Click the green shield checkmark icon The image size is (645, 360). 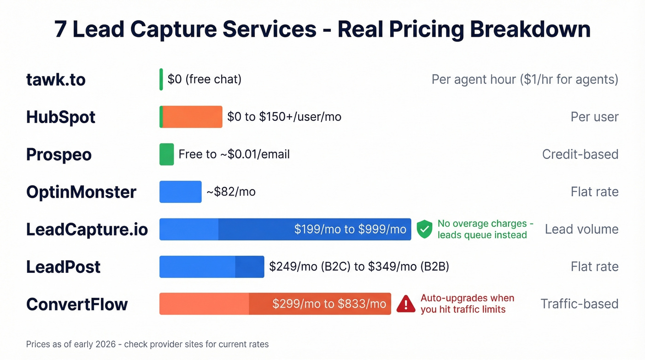(x=424, y=229)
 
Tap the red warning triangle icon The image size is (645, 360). (x=406, y=304)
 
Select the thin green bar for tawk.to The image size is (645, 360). (x=161, y=79)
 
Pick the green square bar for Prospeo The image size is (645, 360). (x=166, y=154)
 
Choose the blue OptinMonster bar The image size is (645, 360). (x=180, y=192)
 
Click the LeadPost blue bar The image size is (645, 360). (x=211, y=266)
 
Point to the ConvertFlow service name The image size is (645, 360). (x=77, y=304)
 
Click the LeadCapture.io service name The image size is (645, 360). (x=87, y=229)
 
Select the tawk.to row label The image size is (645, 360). (x=56, y=79)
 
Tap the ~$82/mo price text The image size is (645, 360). (x=231, y=192)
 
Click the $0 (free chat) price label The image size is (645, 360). (x=204, y=79)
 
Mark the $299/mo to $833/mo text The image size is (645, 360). (x=329, y=304)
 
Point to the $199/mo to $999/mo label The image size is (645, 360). (x=350, y=229)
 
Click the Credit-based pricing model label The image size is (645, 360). (x=580, y=154)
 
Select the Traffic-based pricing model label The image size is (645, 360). (x=579, y=304)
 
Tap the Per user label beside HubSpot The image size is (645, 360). (x=594, y=117)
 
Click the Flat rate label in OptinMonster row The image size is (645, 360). (x=594, y=192)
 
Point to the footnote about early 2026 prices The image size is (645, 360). (x=147, y=344)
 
